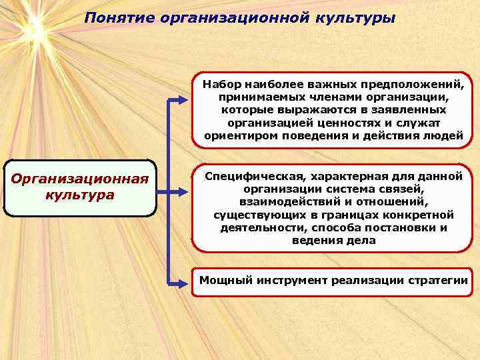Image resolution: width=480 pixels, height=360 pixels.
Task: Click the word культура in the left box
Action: click(80, 195)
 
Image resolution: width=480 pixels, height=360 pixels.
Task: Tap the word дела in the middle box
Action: click(361, 240)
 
